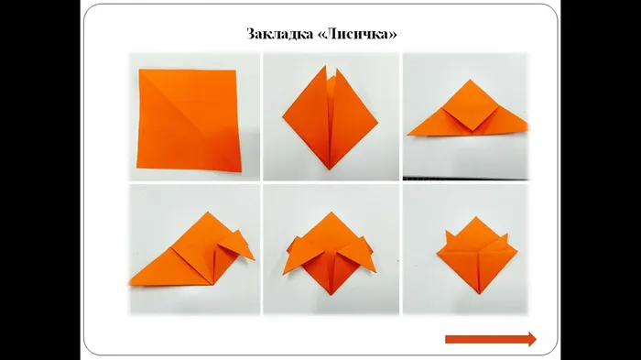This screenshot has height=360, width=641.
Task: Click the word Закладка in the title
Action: click(280, 34)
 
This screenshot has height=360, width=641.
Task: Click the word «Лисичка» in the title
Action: click(357, 34)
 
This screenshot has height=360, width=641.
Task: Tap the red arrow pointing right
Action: click(491, 339)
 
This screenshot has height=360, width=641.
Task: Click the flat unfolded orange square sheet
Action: click(189, 120)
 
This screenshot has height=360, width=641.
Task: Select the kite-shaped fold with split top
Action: click(331, 118)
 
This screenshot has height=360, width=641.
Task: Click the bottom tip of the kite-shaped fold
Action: click(330, 169)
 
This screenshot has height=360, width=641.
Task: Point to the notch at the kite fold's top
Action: click(331, 77)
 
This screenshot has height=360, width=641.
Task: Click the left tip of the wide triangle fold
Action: click(408, 134)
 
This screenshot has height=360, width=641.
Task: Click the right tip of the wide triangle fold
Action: click(527, 124)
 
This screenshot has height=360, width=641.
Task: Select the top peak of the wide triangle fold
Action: click(470, 80)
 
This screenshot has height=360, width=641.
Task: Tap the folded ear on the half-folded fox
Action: click(237, 246)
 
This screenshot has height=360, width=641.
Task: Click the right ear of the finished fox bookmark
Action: click(504, 239)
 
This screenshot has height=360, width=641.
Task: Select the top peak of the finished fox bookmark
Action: click(475, 217)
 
